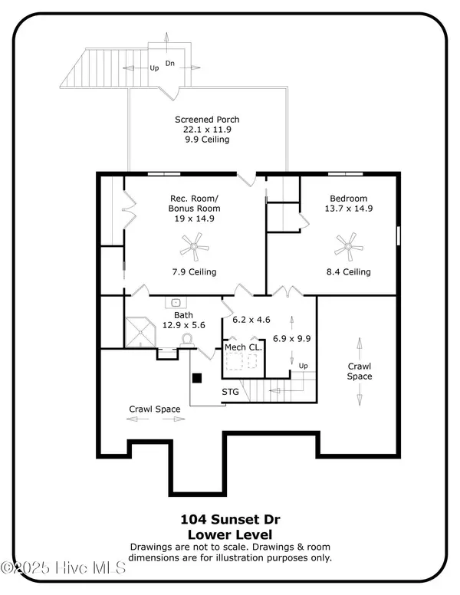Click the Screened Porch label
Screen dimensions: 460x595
(x=207, y=120)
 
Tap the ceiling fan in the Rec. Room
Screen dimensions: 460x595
(x=194, y=247)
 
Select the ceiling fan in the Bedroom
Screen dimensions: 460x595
(x=348, y=247)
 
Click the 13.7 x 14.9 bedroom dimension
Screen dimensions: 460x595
(x=348, y=209)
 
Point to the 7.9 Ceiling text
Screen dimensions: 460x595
(x=194, y=272)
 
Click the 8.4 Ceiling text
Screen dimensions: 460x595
(x=348, y=272)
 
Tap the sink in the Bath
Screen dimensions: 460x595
(x=176, y=303)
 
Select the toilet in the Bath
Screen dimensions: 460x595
(x=187, y=340)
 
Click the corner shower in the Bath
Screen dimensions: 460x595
(x=140, y=333)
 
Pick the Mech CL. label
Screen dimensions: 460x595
(x=243, y=347)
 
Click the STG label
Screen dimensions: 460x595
(x=230, y=392)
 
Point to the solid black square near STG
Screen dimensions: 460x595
(x=196, y=378)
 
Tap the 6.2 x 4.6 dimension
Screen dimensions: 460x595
(x=251, y=320)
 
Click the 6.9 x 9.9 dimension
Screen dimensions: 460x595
(x=291, y=338)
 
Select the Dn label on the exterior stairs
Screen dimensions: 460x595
(x=169, y=64)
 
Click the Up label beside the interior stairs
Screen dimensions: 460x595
(x=303, y=367)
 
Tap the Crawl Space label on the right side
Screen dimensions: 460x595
(x=360, y=372)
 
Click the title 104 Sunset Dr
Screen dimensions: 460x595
(x=230, y=519)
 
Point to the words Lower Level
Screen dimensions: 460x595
(x=230, y=535)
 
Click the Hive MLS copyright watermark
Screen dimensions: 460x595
(x=63, y=568)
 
